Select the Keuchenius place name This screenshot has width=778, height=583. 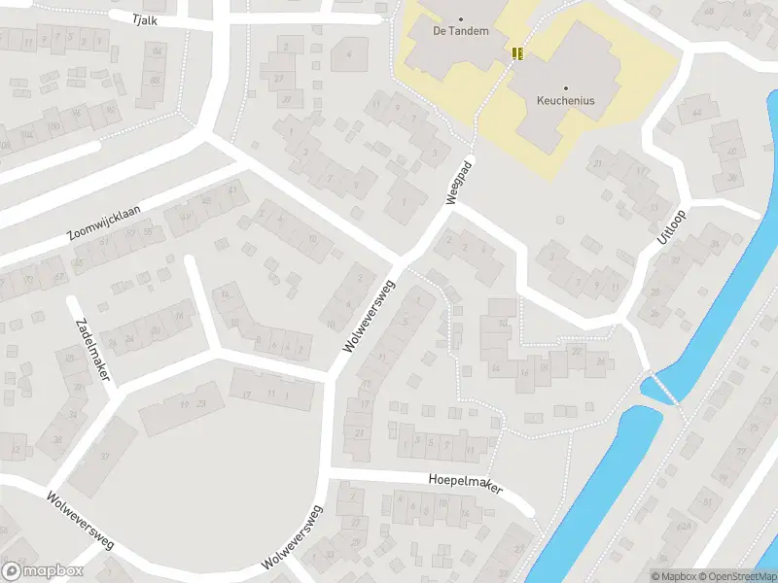tap(565, 100)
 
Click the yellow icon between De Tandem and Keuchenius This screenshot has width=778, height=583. tap(518, 52)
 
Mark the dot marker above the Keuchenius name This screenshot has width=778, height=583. tap(565, 86)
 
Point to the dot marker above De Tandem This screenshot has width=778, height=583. tap(461, 17)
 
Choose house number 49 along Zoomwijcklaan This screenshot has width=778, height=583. tap(204, 201)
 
